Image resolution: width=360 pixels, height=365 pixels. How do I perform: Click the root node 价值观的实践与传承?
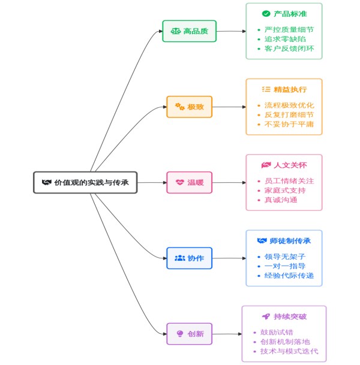coord(85,182)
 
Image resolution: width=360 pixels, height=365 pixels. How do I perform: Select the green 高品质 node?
coord(189,31)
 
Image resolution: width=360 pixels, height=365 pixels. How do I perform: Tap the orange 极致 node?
coord(189,107)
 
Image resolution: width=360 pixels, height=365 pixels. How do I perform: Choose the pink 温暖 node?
coord(189,182)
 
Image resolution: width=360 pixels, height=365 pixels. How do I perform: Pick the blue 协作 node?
coord(189,258)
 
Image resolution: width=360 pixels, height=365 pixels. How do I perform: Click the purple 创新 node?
coord(189,334)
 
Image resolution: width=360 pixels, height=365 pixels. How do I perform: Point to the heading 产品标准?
coord(290,13)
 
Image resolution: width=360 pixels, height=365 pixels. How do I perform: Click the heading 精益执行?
coord(290,89)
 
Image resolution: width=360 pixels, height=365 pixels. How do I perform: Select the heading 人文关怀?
coord(290,165)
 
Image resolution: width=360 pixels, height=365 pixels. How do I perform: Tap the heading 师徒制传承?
coord(290,240)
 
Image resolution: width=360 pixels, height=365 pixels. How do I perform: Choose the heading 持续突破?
coord(290,316)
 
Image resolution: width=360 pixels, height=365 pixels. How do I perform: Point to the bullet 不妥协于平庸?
coord(289,125)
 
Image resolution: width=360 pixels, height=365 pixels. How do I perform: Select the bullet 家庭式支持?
coord(285,190)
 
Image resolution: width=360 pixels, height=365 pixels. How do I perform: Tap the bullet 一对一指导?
coord(285,266)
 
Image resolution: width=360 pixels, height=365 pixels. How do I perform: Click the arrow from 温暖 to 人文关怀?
coord(229,182)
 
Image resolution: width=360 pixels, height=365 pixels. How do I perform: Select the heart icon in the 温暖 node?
coord(180,182)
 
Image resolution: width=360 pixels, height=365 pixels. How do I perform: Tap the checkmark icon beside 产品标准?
coord(266,13)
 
